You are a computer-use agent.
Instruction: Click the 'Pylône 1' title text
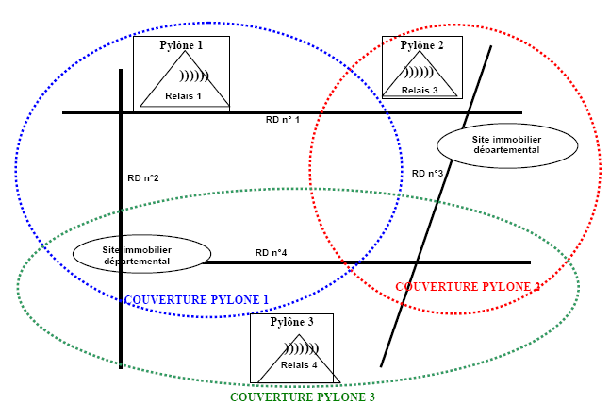coord(183,44)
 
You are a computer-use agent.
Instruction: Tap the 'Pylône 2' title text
coord(421,44)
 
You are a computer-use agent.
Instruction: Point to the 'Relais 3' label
coord(420,90)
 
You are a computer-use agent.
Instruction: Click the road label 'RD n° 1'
coord(282,120)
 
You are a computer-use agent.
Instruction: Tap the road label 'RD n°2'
coord(143,178)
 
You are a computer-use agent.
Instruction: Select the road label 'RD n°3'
coord(427,173)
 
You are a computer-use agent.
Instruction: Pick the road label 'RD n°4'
coord(271,252)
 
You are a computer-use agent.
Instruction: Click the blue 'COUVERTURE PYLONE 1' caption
coord(196,300)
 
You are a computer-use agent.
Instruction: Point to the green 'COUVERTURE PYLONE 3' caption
coord(303,397)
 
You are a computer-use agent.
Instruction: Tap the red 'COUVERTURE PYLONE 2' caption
coord(468,286)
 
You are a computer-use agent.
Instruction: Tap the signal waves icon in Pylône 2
coord(420,71)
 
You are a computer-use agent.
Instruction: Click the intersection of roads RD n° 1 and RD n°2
coord(121,113)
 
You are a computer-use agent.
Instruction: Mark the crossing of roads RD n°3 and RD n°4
coord(418,262)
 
